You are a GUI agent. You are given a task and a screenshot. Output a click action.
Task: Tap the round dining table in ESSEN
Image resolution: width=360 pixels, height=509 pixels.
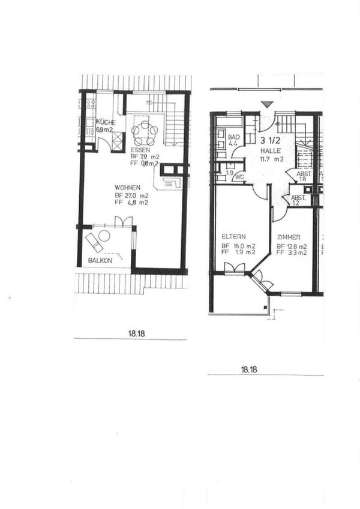pos(145,130)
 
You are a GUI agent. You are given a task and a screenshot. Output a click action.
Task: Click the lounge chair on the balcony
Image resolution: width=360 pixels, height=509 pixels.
pos(94,243)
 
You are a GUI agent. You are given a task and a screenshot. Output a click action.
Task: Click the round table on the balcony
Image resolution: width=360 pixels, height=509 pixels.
pos(104,236)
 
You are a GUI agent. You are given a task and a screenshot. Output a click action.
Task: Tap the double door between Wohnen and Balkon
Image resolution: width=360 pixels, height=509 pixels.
pos(123,222)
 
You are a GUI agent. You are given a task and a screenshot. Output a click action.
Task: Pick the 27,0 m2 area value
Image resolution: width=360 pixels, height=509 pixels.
pos(139,195)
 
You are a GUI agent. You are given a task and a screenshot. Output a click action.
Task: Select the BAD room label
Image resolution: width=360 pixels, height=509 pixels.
pos(234,137)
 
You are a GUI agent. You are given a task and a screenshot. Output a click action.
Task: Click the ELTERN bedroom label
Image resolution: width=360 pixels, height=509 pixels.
pos(231,236)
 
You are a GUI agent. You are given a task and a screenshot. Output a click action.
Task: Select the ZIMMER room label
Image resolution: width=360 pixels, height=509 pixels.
pos(290,237)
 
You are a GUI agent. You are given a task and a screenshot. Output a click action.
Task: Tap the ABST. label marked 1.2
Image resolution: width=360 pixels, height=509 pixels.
pos(298,197)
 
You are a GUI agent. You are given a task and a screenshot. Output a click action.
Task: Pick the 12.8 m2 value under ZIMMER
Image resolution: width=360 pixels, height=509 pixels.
pos(297,246)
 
